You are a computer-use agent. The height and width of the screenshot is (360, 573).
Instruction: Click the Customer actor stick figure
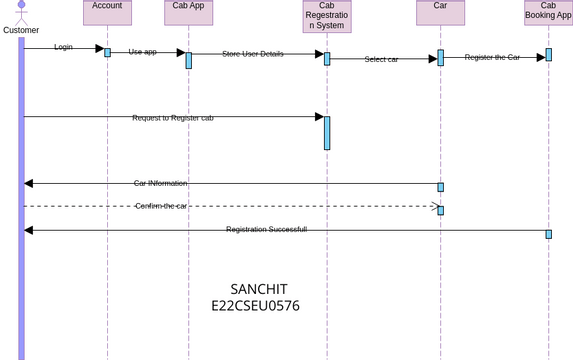pos(21,12)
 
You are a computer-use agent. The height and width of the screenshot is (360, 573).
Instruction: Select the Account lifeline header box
pos(107,11)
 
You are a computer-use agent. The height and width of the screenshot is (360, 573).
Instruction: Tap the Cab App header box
pos(188,11)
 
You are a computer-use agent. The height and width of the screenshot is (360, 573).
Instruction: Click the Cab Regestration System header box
pos(326,16)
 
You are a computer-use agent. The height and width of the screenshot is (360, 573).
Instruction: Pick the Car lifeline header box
pos(440,11)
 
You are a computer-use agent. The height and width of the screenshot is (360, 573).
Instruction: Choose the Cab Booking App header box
pos(548,11)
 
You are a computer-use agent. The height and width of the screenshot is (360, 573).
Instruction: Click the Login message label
pos(63,47)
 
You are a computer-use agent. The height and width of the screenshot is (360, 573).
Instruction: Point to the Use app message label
pos(142,52)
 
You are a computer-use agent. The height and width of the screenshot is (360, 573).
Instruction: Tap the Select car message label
pos(381,59)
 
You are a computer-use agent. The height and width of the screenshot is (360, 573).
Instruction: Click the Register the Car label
pos(492,57)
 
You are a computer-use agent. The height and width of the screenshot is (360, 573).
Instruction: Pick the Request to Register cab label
pos(172,118)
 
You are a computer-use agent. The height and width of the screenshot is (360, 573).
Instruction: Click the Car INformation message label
pos(160,183)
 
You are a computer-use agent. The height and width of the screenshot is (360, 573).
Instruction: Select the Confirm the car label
pos(161,206)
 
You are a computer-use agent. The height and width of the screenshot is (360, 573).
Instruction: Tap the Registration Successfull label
pos(266,229)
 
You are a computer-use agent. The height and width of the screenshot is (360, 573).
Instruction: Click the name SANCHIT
pos(258,289)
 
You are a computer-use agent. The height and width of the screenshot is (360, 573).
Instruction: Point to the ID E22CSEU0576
pos(255,306)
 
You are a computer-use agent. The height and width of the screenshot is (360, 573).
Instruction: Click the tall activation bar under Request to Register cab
pos(327,133)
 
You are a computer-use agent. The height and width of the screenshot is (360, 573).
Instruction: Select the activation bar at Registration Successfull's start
pos(548,234)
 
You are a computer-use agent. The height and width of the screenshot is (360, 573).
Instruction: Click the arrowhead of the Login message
pos(99,48)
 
